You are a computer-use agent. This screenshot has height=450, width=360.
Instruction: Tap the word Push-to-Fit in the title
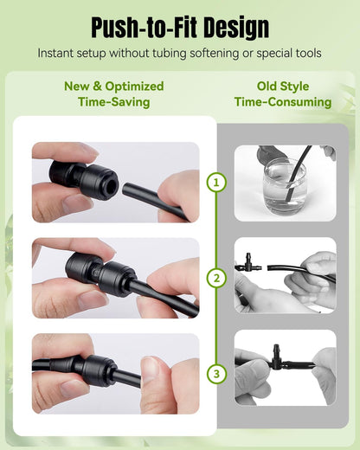144,28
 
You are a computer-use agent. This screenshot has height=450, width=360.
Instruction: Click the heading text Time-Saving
114,102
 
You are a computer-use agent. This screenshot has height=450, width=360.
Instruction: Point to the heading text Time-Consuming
283,102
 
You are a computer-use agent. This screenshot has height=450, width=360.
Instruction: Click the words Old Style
283,87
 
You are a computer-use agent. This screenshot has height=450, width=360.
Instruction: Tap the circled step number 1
216,183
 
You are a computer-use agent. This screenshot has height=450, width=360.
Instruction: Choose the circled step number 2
216,278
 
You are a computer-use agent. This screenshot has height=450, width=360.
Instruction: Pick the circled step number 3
216,374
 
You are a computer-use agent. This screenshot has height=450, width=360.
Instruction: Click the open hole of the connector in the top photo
111,188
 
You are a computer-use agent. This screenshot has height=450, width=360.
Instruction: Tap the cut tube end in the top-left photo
125,190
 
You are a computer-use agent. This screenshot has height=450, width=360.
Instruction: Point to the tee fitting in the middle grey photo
248,263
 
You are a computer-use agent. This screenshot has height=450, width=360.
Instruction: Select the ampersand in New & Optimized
97,87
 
